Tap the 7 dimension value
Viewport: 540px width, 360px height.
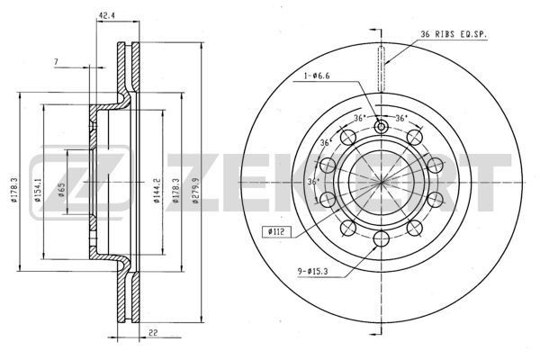tap(56, 62)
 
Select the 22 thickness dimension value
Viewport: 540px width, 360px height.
tap(154, 332)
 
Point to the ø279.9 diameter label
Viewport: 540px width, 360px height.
tap(195, 190)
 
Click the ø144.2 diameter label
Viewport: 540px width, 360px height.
tap(157, 190)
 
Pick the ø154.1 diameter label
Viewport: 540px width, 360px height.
tap(37, 190)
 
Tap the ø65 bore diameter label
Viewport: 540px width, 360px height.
tap(61, 190)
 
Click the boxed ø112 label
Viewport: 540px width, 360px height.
tap(276, 232)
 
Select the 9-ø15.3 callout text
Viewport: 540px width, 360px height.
tap(312, 272)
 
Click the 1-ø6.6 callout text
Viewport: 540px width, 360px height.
tap(316, 76)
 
